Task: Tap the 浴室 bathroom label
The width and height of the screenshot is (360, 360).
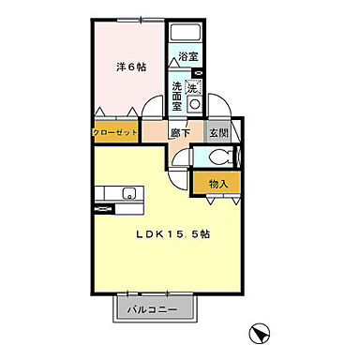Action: point(187,57)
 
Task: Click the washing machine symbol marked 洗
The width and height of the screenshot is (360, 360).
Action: point(192,88)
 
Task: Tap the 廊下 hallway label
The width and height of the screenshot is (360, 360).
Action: point(181,132)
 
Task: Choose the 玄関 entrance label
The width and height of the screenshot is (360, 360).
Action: point(218,132)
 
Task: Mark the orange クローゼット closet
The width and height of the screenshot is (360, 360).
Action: point(115,132)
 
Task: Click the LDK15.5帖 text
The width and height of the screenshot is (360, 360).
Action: point(172,234)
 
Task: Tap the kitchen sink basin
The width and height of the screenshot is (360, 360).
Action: point(128,196)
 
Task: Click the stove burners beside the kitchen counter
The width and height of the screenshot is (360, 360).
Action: point(103,196)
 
